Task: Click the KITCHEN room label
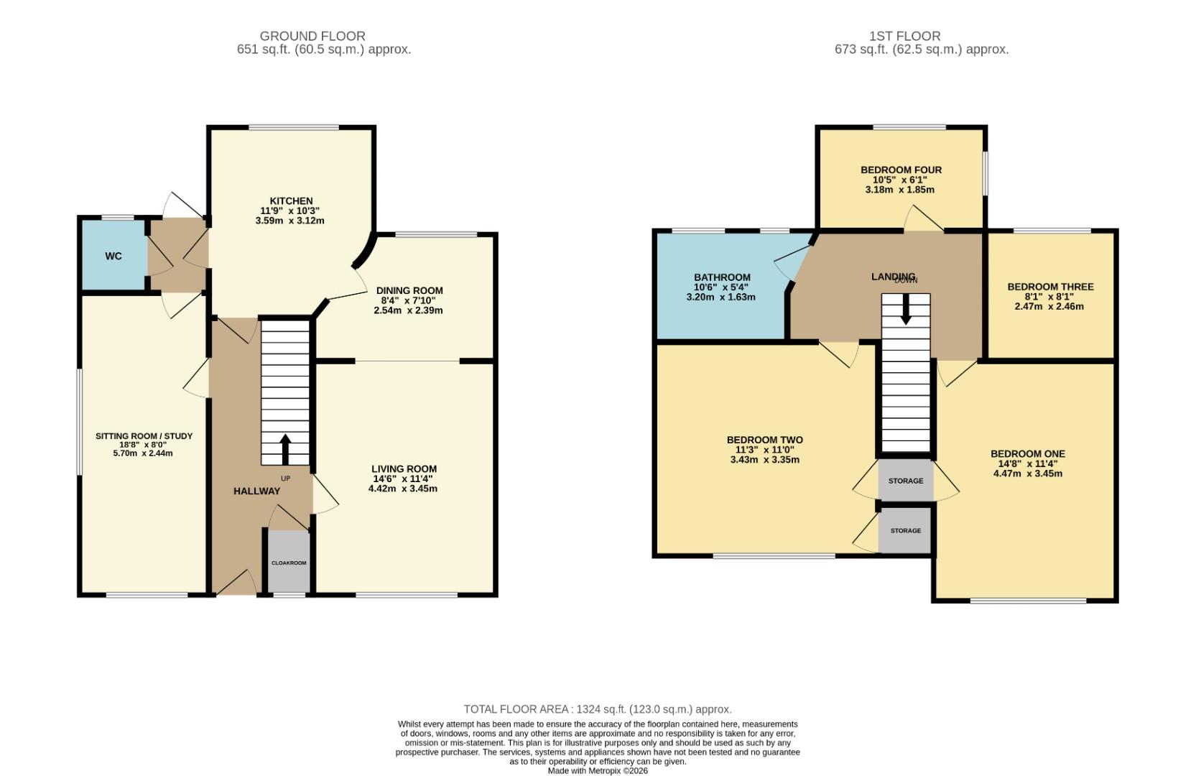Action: click(x=291, y=201)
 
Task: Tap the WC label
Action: click(x=113, y=256)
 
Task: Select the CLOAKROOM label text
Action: click(x=289, y=563)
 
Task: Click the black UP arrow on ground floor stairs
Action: click(x=284, y=449)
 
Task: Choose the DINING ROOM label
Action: click(x=409, y=291)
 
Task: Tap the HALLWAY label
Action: click(x=256, y=491)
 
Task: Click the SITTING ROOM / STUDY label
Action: click(x=144, y=436)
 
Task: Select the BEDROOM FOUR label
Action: click(x=901, y=170)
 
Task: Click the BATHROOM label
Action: click(x=722, y=277)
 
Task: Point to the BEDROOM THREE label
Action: click(x=1050, y=287)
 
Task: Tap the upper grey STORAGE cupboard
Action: click(x=905, y=481)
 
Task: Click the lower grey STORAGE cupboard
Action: click(x=905, y=530)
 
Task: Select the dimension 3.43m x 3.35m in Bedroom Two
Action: click(x=764, y=460)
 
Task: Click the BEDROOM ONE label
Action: click(x=1027, y=454)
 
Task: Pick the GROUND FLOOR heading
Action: click(x=312, y=36)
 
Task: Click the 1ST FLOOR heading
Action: click(x=904, y=36)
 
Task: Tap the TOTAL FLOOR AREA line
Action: click(x=598, y=709)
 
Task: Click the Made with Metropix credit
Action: click(x=598, y=770)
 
